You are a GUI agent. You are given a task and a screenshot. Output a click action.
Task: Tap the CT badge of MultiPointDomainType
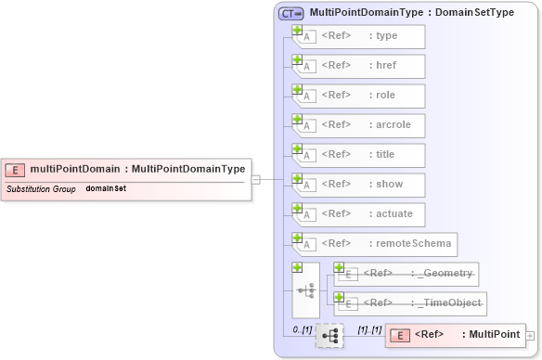(x=291, y=14)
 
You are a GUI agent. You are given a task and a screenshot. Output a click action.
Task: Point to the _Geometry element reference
(x=407, y=274)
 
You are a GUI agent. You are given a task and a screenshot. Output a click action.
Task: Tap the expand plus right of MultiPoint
(x=530, y=335)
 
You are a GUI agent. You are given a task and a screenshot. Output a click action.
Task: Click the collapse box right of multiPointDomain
(x=255, y=179)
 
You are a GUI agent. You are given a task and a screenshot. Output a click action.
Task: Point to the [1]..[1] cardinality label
(x=369, y=329)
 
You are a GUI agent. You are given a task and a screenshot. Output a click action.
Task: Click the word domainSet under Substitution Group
(x=106, y=188)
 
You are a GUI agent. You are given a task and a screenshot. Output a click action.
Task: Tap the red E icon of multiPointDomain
(x=15, y=170)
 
